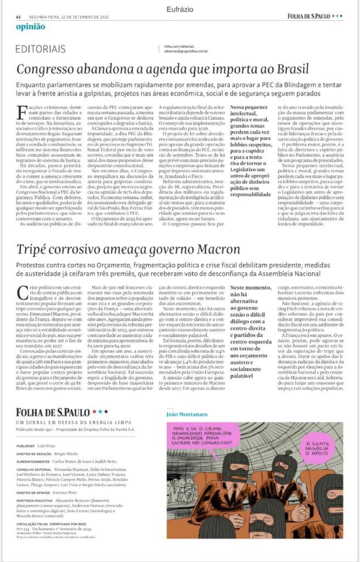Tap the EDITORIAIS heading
[41, 49]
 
